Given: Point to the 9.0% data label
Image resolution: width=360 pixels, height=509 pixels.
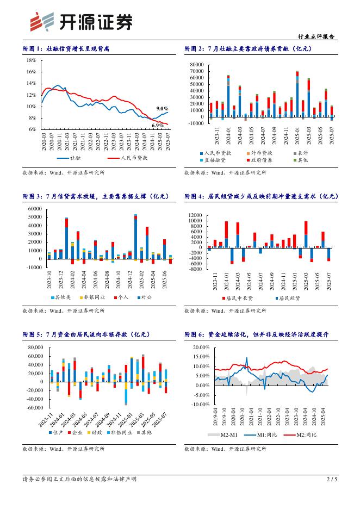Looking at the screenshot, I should coord(162,109).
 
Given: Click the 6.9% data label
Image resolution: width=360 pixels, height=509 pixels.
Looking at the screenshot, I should coord(158,126).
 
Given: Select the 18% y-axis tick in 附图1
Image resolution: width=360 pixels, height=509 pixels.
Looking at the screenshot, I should coord(31,60).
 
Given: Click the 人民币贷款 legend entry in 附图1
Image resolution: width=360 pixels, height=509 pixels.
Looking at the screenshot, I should coord(131,158).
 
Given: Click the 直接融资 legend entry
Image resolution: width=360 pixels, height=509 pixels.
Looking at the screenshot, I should coord(217,160).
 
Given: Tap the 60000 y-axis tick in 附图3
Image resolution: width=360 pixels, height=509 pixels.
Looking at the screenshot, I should coord(34,208).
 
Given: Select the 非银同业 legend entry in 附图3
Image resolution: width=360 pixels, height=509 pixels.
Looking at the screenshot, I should coord(94,297).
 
